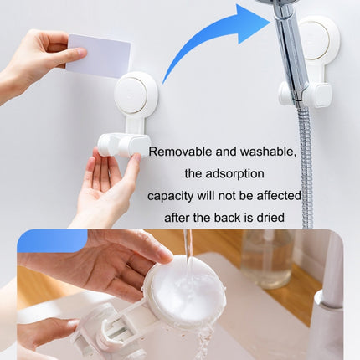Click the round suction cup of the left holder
135,95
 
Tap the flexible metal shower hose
306,167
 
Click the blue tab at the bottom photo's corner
51,241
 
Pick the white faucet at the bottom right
327,310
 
